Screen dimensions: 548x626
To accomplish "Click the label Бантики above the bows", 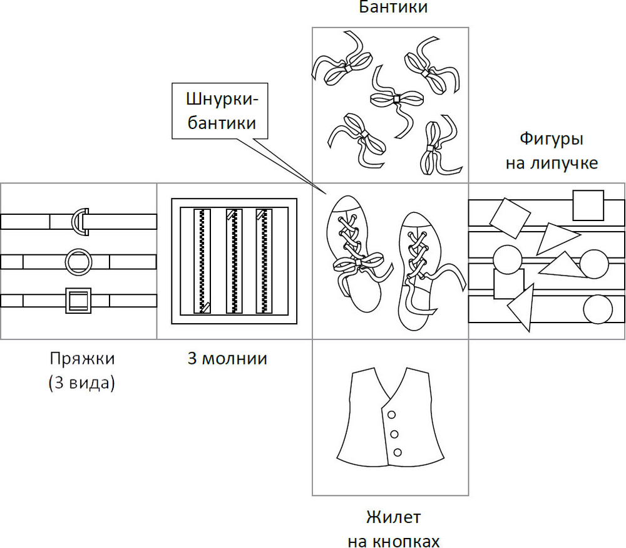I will tap(393, 8).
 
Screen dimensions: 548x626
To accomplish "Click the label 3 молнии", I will tap(227, 359).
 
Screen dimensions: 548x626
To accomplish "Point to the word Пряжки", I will tap(81, 359).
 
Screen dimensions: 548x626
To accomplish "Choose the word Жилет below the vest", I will tap(393, 519).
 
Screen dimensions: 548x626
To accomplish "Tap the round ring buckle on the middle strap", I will tap(78, 261).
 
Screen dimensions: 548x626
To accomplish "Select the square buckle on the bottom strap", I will tap(78, 301).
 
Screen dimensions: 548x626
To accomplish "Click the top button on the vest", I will tap(392, 415).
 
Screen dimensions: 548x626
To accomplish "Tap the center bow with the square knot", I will tap(396, 99).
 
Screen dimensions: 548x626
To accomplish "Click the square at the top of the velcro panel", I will tap(588, 205).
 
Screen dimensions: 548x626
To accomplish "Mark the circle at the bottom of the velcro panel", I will tap(598, 309).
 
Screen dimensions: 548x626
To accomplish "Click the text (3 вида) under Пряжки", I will tap(81, 383).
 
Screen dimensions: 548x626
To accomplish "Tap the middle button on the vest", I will tap(395, 434).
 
